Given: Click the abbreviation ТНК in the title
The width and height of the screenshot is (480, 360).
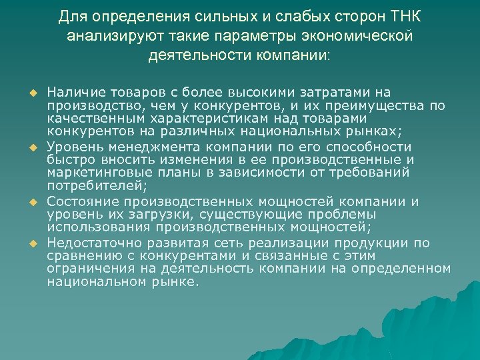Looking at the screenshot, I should point(403,15).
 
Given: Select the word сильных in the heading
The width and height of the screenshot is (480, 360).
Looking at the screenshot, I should point(207,15).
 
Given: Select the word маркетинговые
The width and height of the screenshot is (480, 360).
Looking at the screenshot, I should point(94,174).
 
